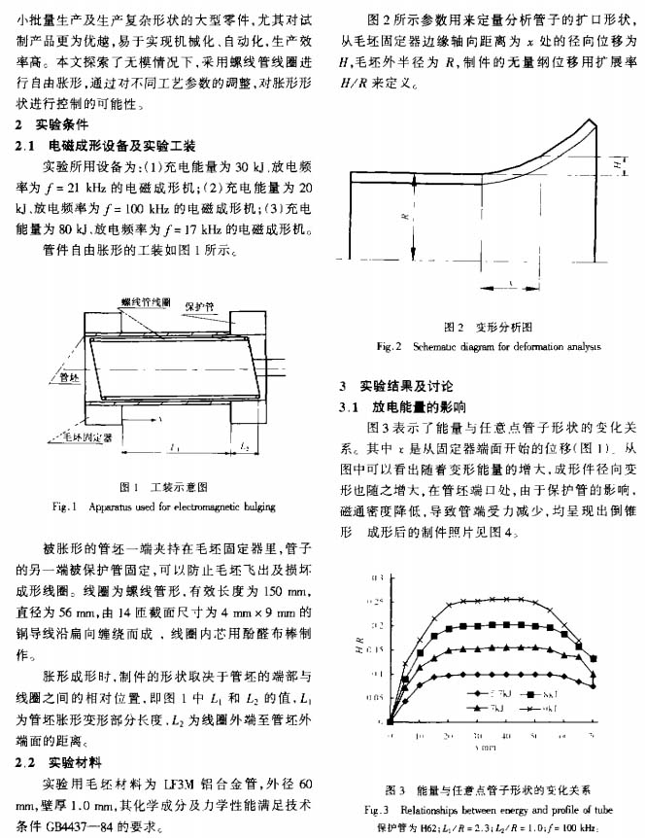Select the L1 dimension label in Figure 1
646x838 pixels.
(x=172, y=447)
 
